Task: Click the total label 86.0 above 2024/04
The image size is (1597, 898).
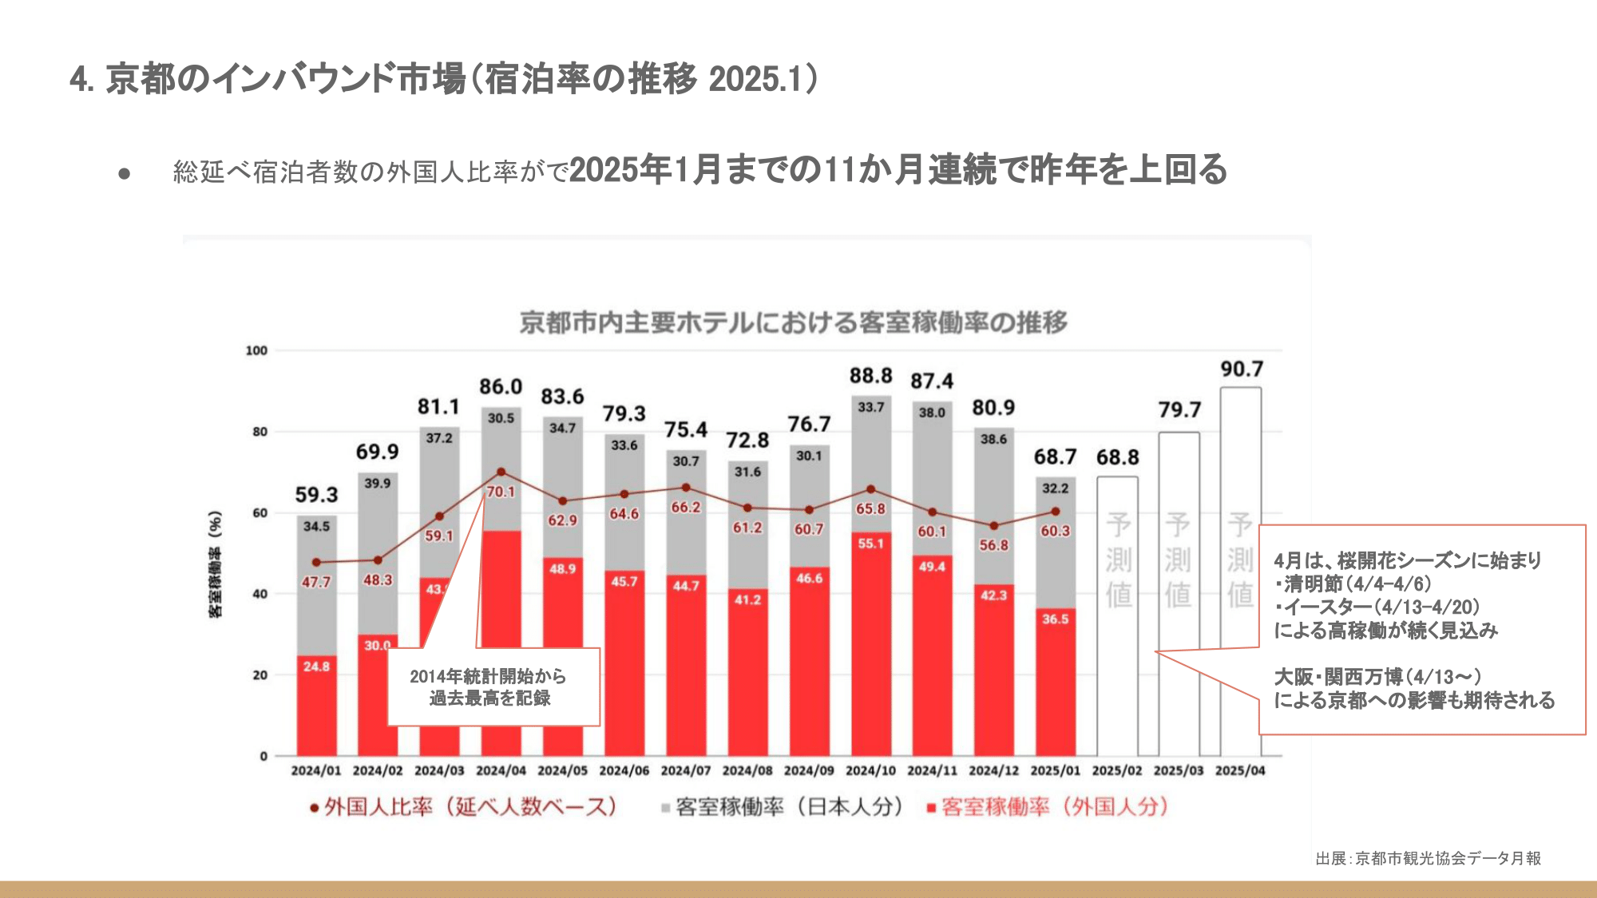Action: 501,387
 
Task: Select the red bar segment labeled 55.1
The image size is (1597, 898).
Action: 870,639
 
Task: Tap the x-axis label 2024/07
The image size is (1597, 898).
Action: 685,771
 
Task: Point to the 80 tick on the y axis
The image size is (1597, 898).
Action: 260,432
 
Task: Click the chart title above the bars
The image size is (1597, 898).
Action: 793,322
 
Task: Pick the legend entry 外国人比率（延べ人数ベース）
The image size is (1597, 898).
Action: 463,807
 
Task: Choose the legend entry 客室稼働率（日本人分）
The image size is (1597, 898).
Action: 783,807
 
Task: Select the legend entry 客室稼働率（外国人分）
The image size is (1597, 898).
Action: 1048,807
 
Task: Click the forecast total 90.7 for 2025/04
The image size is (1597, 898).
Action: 1242,370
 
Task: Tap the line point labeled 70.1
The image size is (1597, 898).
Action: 501,473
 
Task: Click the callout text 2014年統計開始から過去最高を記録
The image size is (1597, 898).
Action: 489,687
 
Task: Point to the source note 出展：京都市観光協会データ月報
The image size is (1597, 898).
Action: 1428,859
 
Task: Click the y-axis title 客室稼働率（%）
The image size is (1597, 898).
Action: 215,564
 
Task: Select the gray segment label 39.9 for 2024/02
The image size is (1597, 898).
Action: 378,484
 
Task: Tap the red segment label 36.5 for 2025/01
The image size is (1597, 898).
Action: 1055,619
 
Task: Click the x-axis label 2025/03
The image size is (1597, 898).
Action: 1178,771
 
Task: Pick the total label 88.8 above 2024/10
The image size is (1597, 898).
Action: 870,376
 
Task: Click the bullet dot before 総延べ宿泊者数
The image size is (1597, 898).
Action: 124,173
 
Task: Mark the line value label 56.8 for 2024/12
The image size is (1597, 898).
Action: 993,546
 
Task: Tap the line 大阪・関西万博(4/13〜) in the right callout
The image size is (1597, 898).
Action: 1377,677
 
